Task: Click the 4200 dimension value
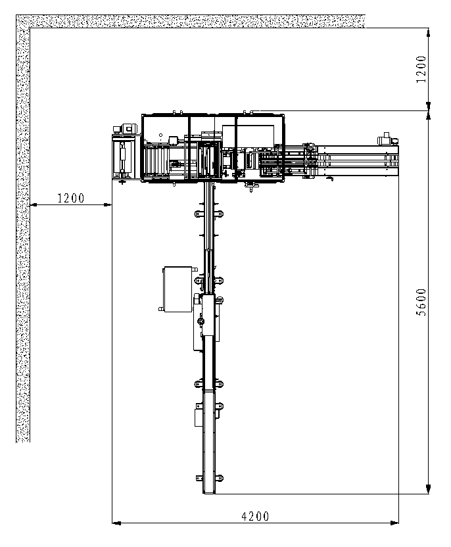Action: (x=255, y=516)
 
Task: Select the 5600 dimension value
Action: (x=421, y=302)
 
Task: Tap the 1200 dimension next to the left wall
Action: (x=71, y=198)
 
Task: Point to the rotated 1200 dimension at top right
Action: (x=421, y=69)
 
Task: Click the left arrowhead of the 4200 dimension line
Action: (x=116, y=523)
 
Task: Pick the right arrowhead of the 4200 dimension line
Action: (x=394, y=523)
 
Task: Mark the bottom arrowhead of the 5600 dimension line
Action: (x=429, y=489)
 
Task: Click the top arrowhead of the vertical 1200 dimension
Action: (x=429, y=32)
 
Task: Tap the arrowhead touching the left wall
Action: (x=34, y=204)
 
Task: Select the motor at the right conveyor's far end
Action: (x=387, y=139)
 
